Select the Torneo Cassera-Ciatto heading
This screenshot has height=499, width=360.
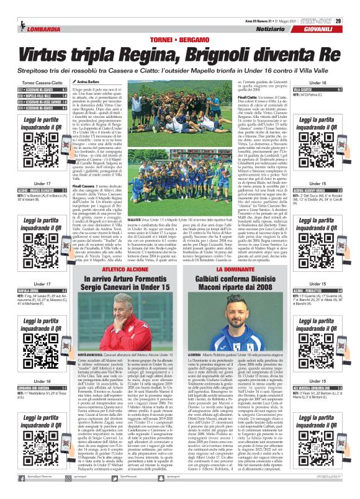pyautogui.click(x=38, y=81)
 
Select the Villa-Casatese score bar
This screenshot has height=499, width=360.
pyautogui.click(x=321, y=89)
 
